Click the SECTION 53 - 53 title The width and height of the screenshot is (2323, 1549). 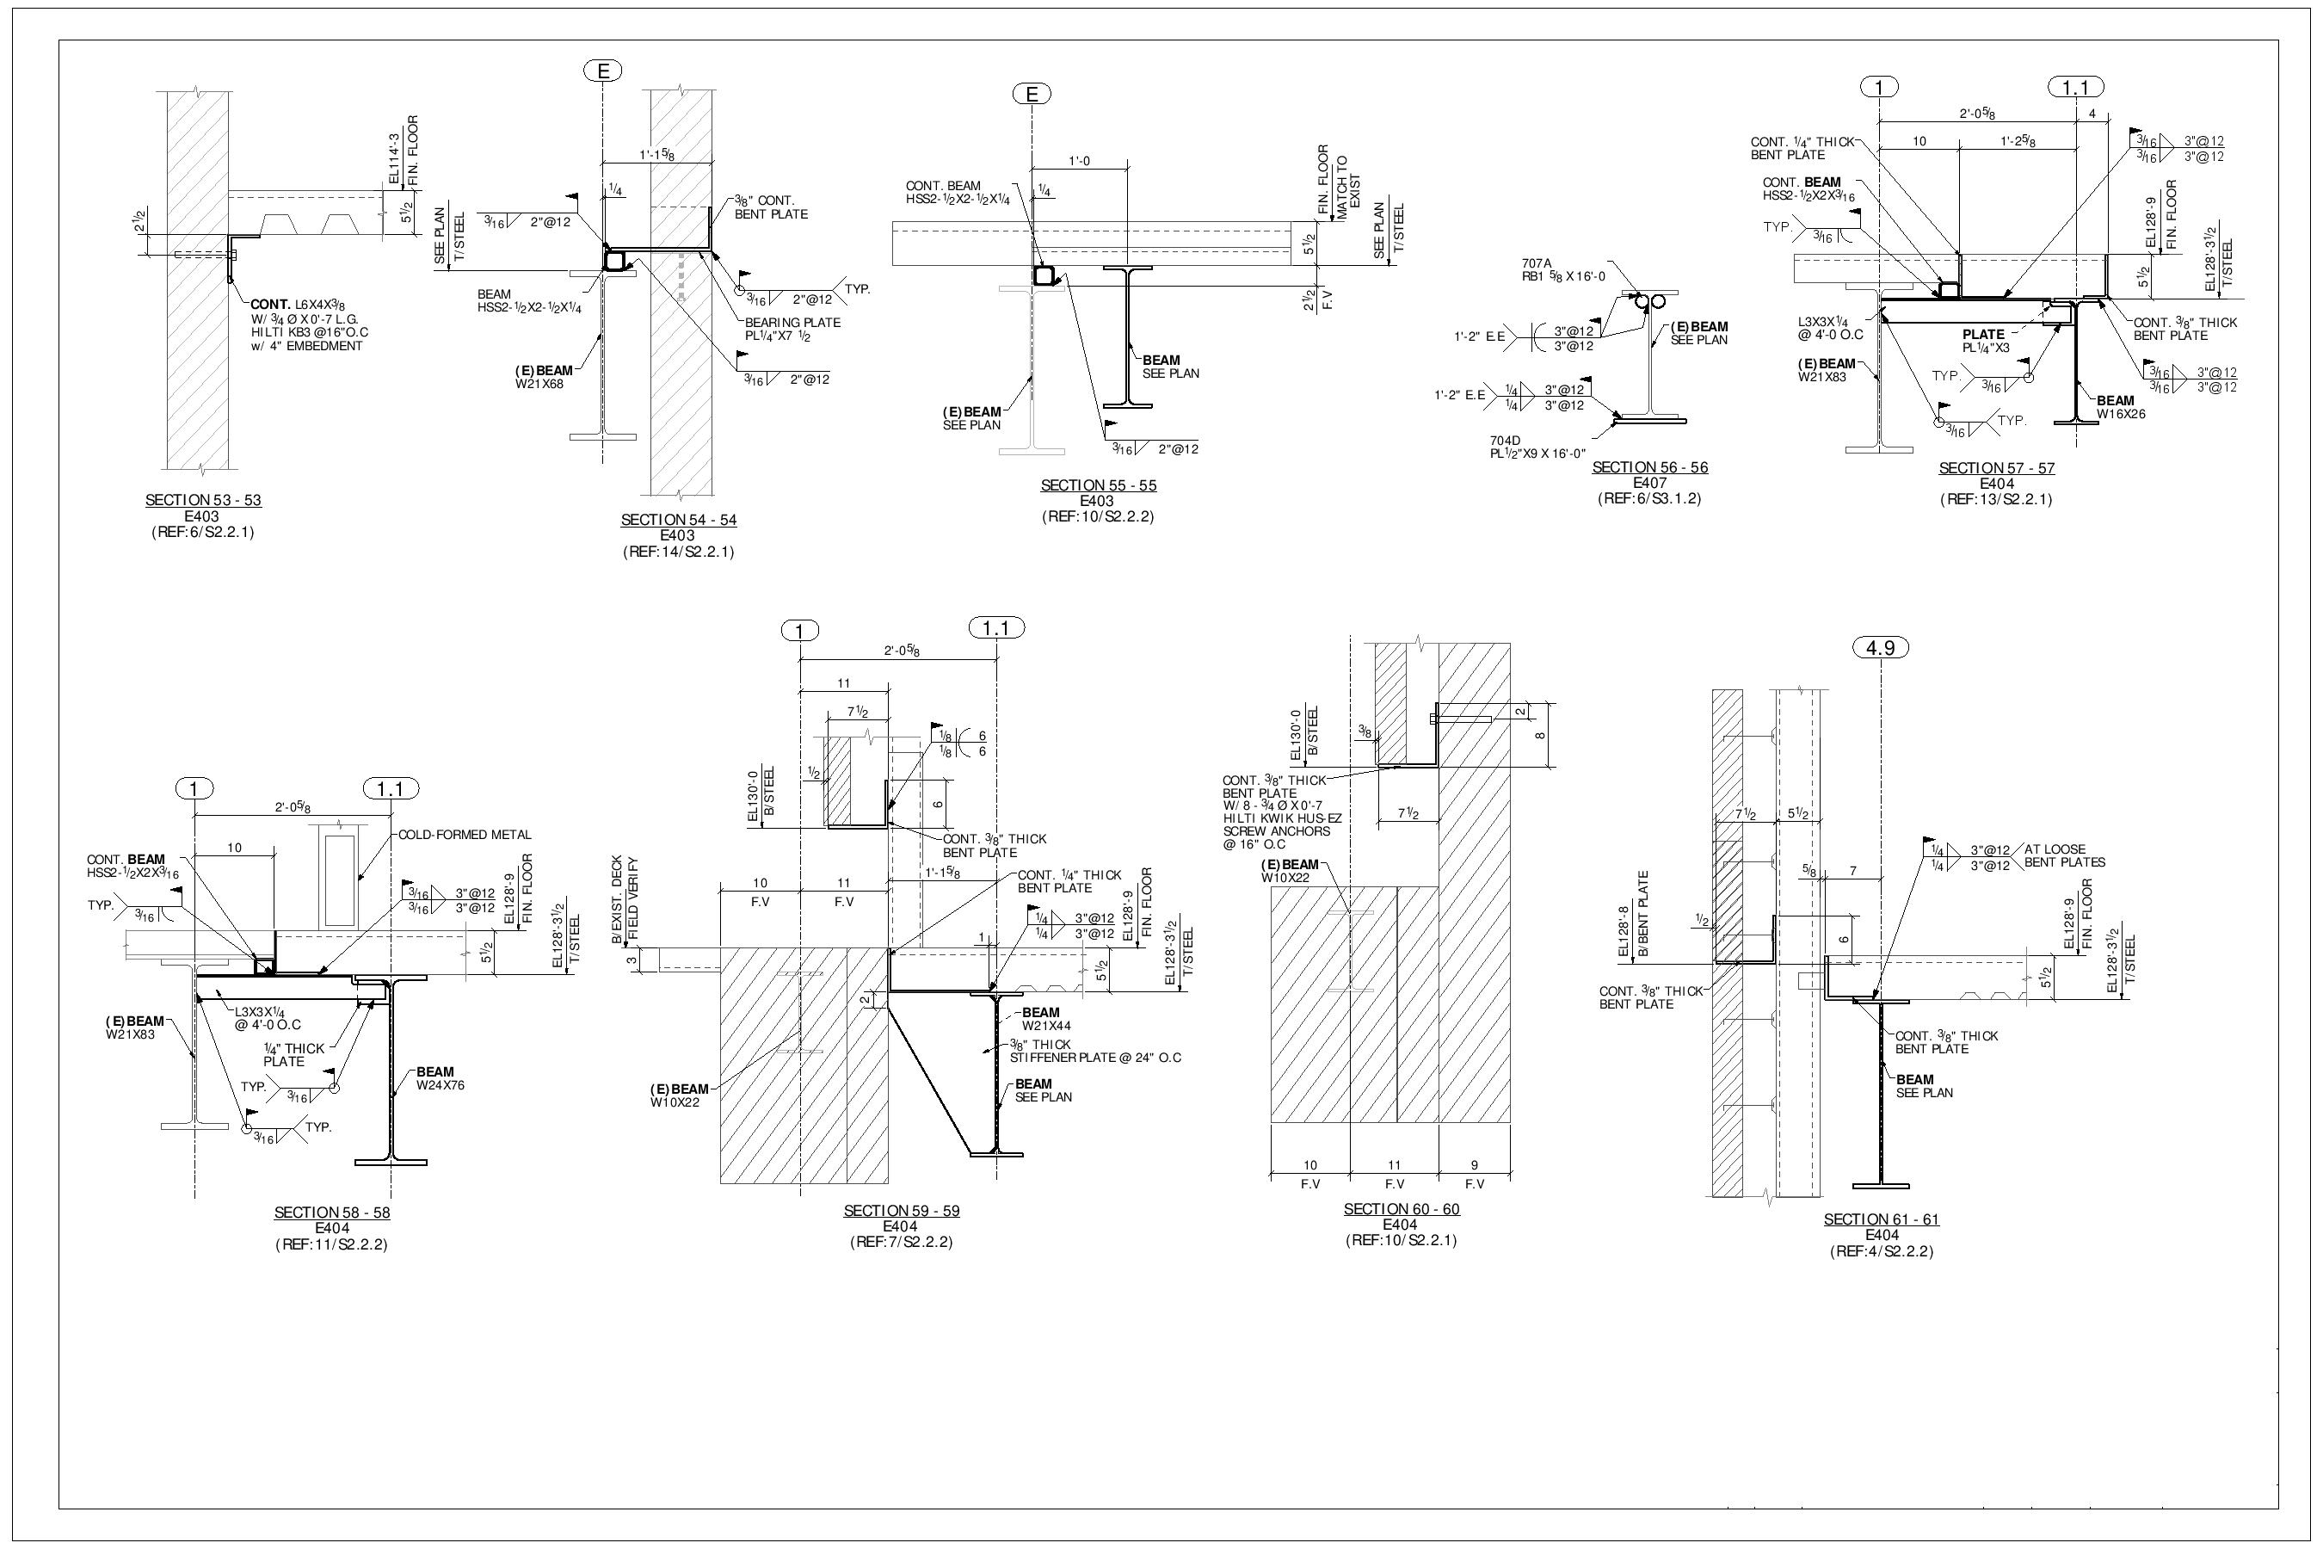(x=202, y=501)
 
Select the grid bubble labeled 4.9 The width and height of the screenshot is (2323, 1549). (x=1881, y=648)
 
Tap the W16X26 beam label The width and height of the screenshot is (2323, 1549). (x=2121, y=414)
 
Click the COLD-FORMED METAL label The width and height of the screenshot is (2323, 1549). (x=465, y=835)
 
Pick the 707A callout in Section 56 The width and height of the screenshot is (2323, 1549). (x=1536, y=264)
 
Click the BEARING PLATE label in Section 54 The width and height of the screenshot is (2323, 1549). (x=792, y=323)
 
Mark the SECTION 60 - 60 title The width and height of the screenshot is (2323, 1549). (x=1401, y=1209)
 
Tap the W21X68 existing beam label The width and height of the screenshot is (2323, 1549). (x=539, y=385)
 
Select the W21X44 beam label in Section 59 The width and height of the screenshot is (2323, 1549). (x=1046, y=1026)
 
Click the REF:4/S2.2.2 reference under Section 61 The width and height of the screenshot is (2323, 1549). (x=1881, y=1251)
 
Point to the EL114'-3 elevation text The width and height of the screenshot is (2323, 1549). (x=395, y=159)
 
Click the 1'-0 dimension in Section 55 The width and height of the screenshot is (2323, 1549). (x=1079, y=161)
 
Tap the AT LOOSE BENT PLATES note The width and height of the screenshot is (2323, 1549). (x=2064, y=855)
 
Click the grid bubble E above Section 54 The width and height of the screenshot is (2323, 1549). (x=602, y=71)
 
